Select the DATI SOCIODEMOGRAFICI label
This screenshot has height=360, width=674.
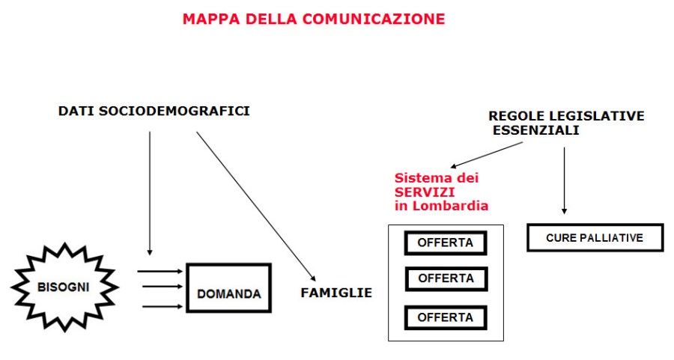pyautogui.click(x=154, y=112)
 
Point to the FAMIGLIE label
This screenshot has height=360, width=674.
pyautogui.click(x=336, y=293)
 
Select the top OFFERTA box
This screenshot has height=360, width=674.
pyautogui.click(x=446, y=243)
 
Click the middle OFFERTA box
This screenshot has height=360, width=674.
pyautogui.click(x=446, y=278)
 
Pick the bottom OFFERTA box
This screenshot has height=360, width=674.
pyautogui.click(x=446, y=317)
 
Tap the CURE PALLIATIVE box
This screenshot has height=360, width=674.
pyautogui.click(x=595, y=238)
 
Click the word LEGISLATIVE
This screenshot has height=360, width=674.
pyautogui.click(x=603, y=116)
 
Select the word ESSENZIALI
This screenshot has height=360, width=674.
pyautogui.click(x=535, y=130)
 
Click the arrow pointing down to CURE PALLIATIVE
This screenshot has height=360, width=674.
pyautogui.click(x=564, y=180)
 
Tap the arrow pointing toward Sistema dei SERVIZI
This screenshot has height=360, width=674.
pyautogui.click(x=487, y=155)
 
